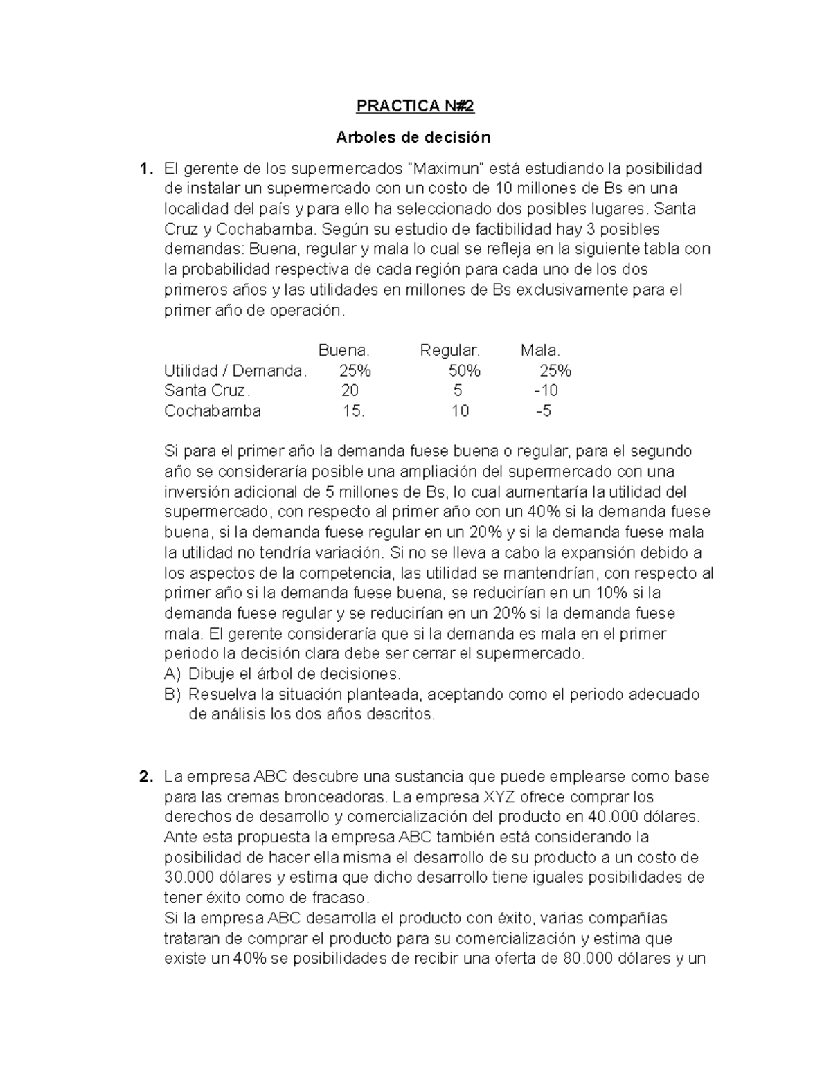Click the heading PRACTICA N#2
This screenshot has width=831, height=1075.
[x=415, y=106]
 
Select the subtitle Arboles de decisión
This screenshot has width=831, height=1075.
[x=413, y=137]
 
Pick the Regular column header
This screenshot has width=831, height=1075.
[x=449, y=350]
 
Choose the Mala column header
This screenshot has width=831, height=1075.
[x=540, y=350]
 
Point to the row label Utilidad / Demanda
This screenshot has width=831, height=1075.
[x=235, y=371]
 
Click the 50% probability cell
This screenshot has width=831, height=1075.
[x=464, y=371]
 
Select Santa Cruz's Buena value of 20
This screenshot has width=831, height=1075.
[x=350, y=390]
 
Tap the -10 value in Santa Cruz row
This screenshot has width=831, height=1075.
[x=546, y=390]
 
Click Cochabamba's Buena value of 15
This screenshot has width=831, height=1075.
[x=353, y=411]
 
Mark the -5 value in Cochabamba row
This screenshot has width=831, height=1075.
[x=544, y=411]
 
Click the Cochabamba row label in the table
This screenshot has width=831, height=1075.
[x=212, y=411]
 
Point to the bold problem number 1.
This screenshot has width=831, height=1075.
[x=143, y=168]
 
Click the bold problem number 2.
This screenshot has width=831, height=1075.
[x=144, y=777]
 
